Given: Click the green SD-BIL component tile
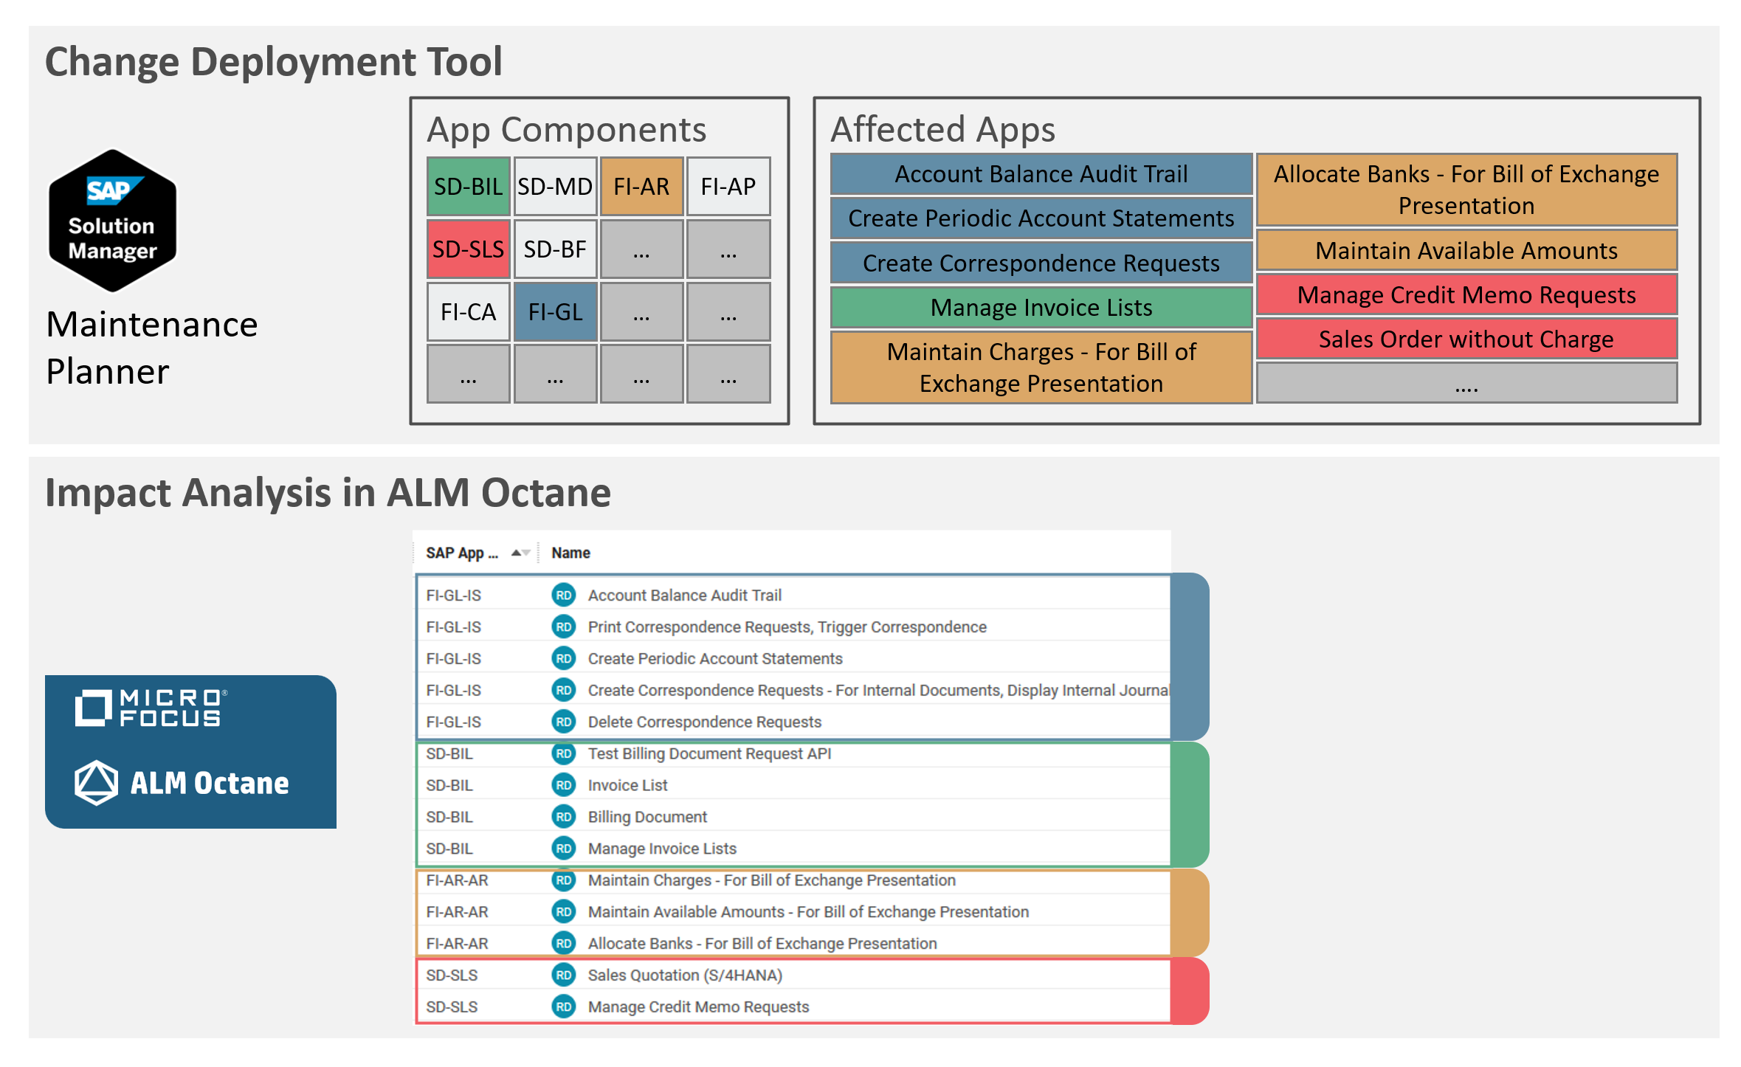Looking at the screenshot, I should click(x=468, y=187).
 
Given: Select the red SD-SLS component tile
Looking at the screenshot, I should click(x=468, y=249).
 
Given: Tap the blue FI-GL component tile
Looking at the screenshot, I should click(x=555, y=312).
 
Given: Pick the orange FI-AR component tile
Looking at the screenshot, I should click(x=641, y=187).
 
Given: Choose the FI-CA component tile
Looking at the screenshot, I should click(x=468, y=312).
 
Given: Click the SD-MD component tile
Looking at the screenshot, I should click(x=555, y=187).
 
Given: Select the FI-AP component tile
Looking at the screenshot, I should click(x=728, y=187).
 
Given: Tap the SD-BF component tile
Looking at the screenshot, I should click(x=555, y=249).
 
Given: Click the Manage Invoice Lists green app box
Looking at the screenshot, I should click(x=1041, y=307).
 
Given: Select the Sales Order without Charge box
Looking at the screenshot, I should click(x=1466, y=339).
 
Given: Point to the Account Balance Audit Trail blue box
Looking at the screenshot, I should click(x=1041, y=174).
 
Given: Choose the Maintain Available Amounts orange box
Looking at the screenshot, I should click(x=1466, y=250).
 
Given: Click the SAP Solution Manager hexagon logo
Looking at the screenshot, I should click(x=112, y=221).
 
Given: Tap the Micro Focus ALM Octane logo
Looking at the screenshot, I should click(x=190, y=751).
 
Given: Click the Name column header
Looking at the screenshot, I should click(x=570, y=553).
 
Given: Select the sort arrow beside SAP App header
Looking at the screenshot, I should click(x=520, y=553).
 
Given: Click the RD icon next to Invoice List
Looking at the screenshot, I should click(x=564, y=785).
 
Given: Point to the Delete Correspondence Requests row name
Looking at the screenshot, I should click(x=704, y=722).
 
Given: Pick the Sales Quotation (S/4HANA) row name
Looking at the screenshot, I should click(x=684, y=975).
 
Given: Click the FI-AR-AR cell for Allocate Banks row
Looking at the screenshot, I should click(x=457, y=943).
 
